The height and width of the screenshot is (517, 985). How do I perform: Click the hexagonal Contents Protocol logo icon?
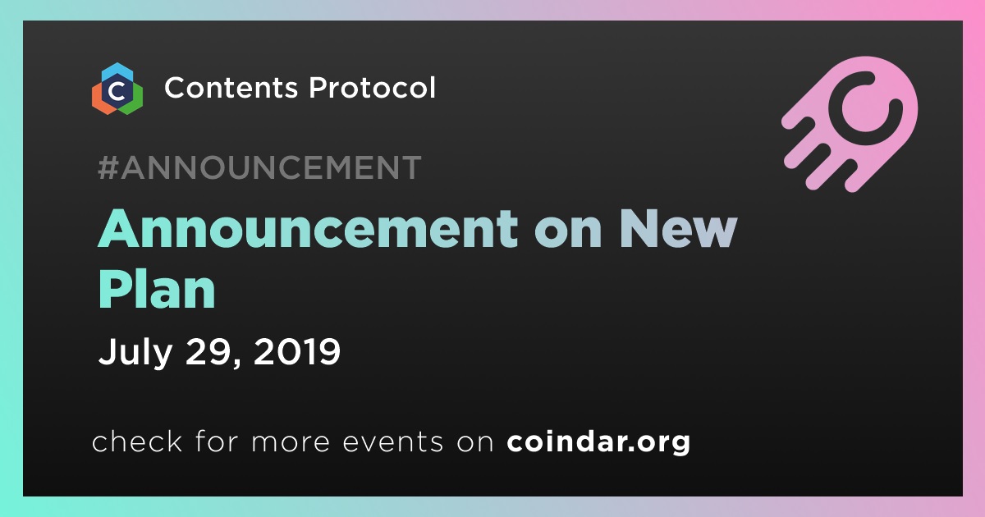(117, 89)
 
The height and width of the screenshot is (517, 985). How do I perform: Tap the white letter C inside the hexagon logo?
(117, 91)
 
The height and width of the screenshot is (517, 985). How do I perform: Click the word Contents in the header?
(231, 88)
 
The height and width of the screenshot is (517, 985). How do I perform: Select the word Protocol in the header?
(372, 87)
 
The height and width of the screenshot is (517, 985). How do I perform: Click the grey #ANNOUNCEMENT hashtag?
(259, 167)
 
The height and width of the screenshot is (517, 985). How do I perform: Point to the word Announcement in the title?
(308, 229)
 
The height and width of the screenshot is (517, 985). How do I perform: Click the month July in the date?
(135, 352)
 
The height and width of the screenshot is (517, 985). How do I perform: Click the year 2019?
(297, 351)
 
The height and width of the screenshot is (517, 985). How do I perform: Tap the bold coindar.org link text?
(598, 442)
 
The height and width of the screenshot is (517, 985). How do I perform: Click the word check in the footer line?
(137, 441)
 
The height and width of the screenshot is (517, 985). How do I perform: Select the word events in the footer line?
(393, 442)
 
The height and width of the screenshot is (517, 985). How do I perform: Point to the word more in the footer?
(291, 442)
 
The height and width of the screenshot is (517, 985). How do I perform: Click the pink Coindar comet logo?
(850, 124)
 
